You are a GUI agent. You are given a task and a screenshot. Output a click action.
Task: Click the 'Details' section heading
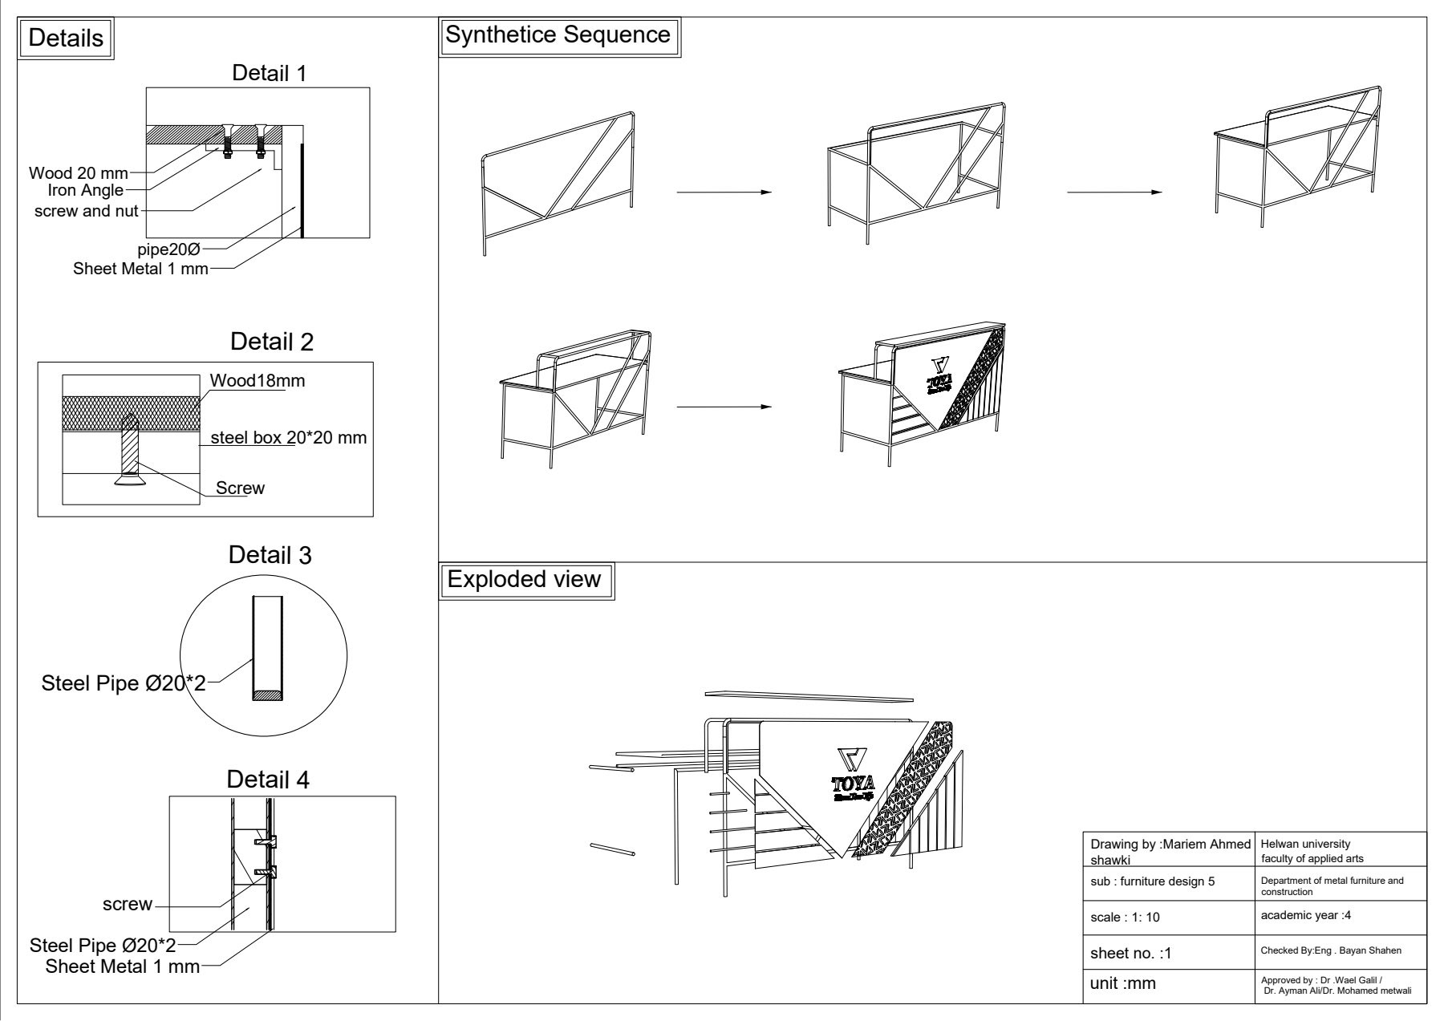tap(67, 38)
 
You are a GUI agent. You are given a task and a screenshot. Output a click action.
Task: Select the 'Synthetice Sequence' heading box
tap(558, 35)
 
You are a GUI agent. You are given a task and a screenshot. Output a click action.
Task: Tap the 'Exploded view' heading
tap(524, 580)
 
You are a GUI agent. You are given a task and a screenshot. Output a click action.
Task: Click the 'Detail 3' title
tap(270, 555)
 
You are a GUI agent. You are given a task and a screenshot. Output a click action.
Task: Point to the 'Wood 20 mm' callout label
tap(79, 173)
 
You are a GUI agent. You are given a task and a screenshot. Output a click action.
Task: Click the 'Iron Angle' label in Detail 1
tap(86, 191)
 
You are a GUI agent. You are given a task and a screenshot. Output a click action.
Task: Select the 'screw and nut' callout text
tap(87, 212)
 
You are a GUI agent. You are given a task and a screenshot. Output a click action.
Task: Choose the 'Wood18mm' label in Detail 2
tap(257, 381)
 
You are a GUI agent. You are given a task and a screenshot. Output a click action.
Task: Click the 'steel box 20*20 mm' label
tap(288, 438)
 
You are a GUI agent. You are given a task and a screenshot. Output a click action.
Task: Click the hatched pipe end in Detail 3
tap(267, 696)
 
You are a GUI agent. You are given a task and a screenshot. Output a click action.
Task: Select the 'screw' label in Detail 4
tap(128, 905)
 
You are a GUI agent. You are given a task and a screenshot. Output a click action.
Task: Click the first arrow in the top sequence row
tap(724, 192)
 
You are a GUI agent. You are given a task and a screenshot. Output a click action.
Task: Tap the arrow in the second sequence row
tap(724, 407)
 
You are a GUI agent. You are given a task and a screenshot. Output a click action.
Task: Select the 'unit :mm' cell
tap(1124, 983)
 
